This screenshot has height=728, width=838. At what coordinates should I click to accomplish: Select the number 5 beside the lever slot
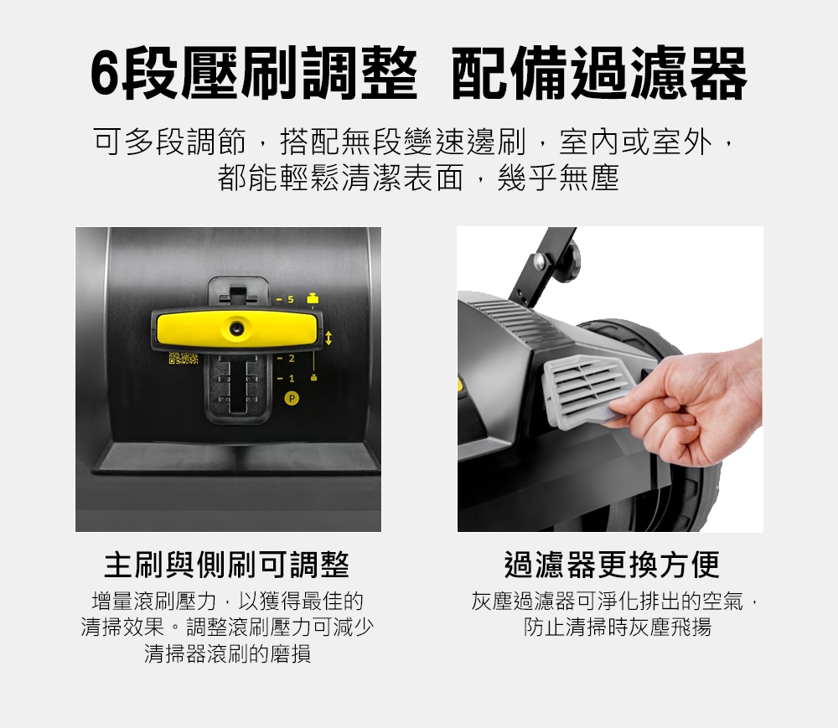click(x=291, y=298)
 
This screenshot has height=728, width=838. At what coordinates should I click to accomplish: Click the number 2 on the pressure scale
click(x=291, y=359)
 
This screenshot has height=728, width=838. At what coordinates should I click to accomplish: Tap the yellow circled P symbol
click(x=292, y=398)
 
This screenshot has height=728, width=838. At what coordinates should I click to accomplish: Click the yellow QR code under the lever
click(x=184, y=360)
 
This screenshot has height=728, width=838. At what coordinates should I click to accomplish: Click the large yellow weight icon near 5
click(x=312, y=298)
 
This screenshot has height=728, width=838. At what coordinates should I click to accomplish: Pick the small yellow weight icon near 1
click(x=312, y=378)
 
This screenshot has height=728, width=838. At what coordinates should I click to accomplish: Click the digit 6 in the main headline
click(x=103, y=75)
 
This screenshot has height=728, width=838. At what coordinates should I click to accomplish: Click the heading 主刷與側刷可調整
click(x=226, y=565)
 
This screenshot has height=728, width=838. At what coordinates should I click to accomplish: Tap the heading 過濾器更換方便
click(x=612, y=565)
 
